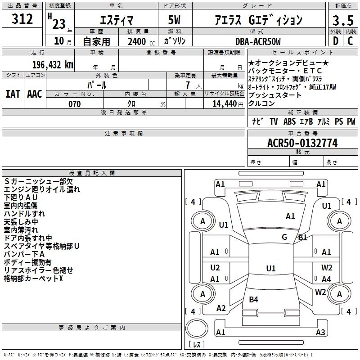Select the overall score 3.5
click(342, 20)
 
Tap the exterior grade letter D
click(335, 41)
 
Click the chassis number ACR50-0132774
click(302, 143)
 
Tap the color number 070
click(74, 104)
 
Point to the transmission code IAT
click(13, 94)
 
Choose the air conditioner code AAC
click(35, 94)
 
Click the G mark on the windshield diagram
click(284, 237)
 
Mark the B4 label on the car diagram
click(253, 299)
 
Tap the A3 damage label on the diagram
click(320, 333)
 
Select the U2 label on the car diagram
click(215, 268)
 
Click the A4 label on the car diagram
click(326, 279)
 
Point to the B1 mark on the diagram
click(302, 237)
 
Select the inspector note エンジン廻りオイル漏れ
click(42, 189)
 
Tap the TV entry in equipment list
click(274, 121)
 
